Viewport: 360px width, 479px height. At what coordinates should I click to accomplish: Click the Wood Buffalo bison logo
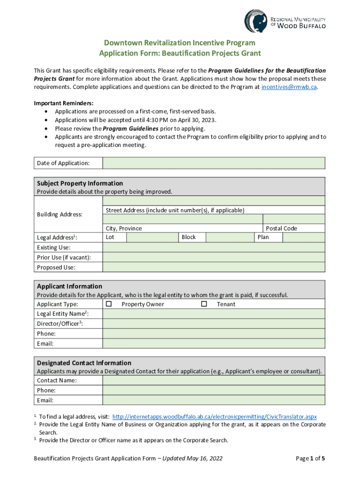(x=256, y=21)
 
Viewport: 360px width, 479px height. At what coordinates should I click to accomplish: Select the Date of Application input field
(x=214, y=163)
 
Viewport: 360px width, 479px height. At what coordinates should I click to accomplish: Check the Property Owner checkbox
(x=109, y=304)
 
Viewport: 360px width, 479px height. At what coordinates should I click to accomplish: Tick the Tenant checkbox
(x=204, y=304)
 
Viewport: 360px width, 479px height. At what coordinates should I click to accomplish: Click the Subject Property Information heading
(x=80, y=183)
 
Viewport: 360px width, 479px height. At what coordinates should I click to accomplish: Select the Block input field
(x=230, y=237)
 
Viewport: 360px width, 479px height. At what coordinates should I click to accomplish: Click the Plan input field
(x=304, y=237)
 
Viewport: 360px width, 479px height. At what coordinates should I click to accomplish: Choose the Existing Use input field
(x=214, y=247)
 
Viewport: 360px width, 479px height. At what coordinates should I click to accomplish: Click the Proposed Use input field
(x=214, y=267)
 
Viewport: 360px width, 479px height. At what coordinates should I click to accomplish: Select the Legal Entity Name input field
(x=214, y=314)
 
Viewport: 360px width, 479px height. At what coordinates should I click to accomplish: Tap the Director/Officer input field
(x=214, y=324)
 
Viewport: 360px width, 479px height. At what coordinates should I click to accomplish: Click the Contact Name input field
(x=214, y=380)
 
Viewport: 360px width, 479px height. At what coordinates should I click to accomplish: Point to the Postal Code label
(x=281, y=228)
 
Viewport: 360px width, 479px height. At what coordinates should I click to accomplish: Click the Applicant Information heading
(x=70, y=286)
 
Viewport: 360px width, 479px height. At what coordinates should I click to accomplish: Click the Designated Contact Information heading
(x=84, y=363)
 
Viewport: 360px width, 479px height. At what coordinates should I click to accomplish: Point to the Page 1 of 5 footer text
(x=310, y=458)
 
